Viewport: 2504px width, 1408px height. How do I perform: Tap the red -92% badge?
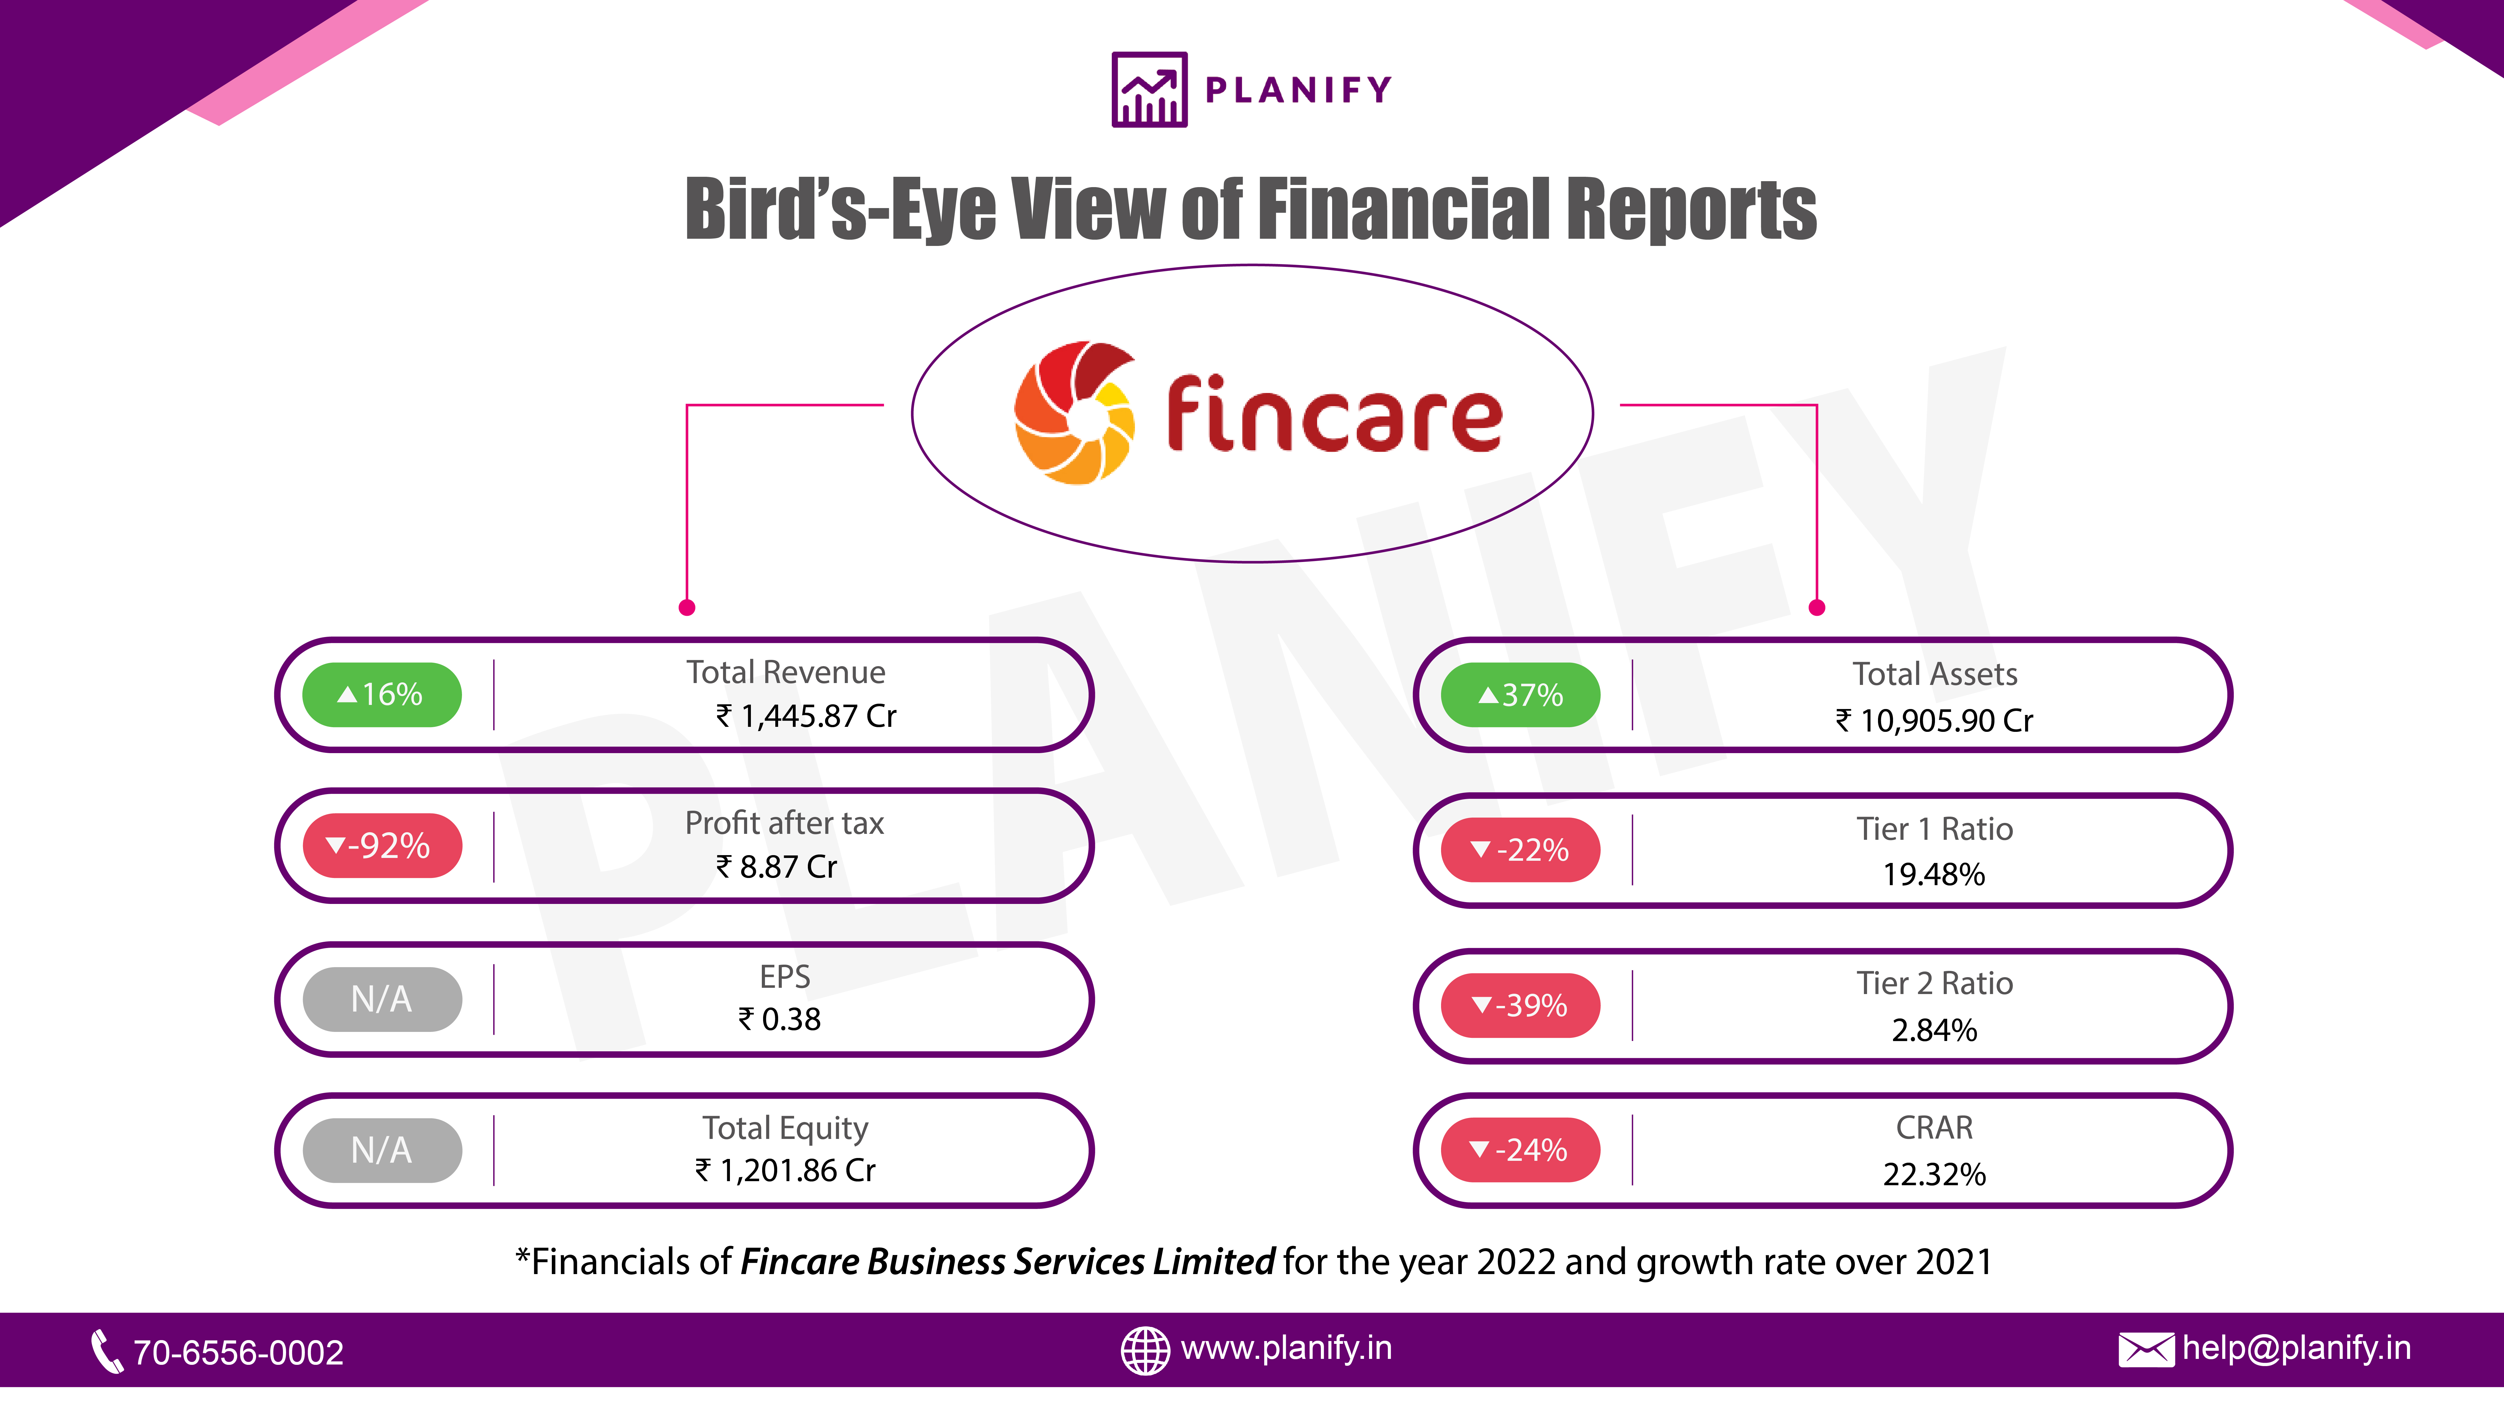pos(382,845)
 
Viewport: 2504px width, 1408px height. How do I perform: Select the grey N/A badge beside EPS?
pos(382,999)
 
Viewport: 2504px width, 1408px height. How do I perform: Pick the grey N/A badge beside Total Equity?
pos(382,1150)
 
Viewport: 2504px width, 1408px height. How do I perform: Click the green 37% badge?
pos(1520,695)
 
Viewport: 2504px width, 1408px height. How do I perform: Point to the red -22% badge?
pos(1520,850)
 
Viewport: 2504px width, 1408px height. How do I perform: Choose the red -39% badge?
pos(1520,1005)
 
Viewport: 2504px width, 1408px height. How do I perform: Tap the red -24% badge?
pos(1520,1150)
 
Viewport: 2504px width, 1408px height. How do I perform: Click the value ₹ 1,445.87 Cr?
pos(806,716)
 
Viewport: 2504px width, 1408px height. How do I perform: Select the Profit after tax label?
pos(784,823)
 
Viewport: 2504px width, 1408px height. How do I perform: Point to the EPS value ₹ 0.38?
pos(780,1019)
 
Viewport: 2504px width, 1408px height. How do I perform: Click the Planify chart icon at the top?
pos(1149,89)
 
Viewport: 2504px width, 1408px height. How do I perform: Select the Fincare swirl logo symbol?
pos(1074,412)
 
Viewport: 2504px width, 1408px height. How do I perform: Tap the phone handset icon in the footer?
pos(106,1351)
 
